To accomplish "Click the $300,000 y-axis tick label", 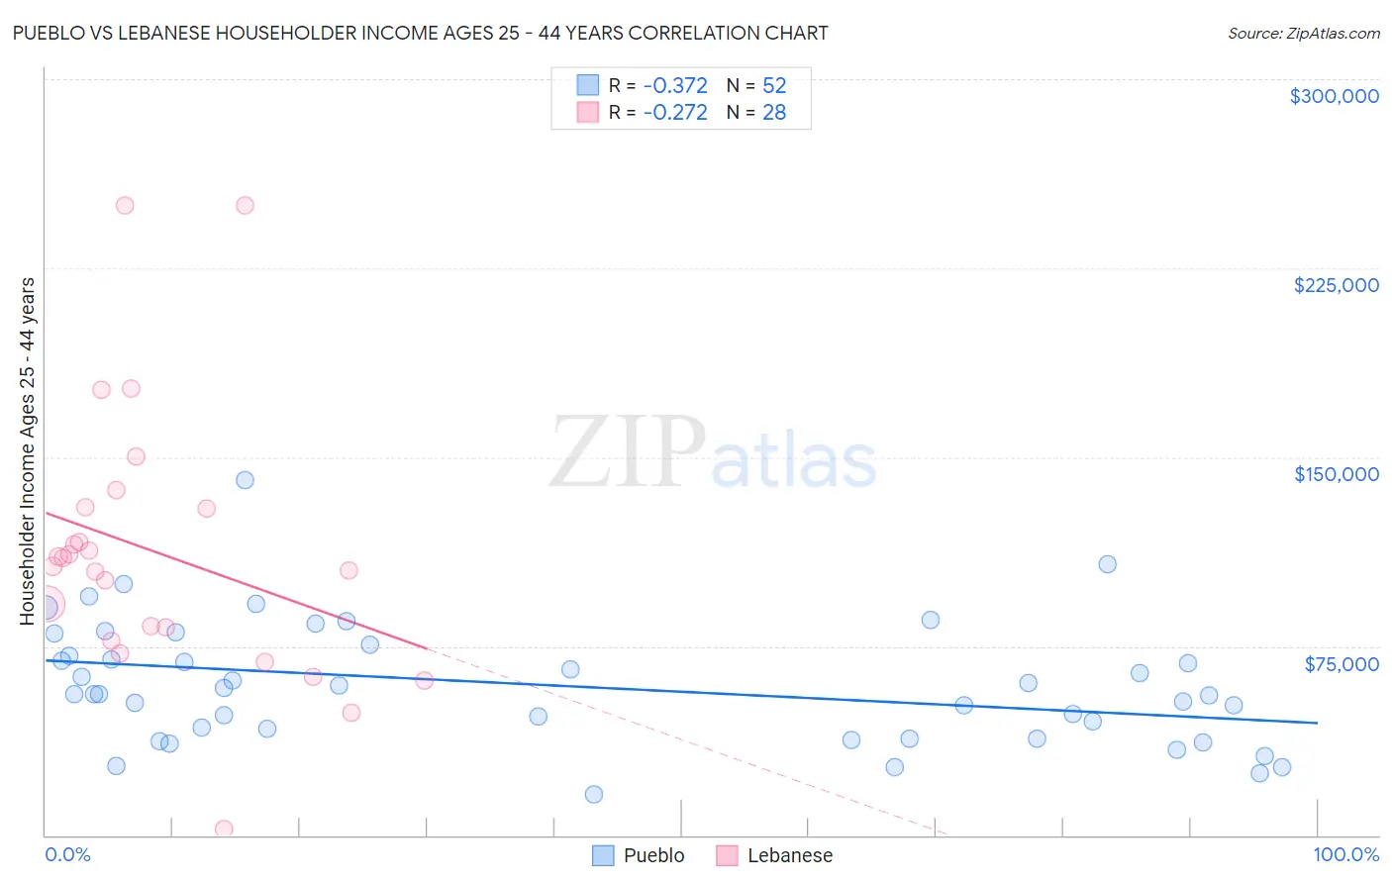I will pos(1334,96).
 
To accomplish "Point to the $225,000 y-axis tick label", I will pos(1336,285).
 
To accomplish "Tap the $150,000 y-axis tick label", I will pos(1336,474).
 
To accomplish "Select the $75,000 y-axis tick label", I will pos(1341,664).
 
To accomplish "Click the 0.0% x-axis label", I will pos(67,855).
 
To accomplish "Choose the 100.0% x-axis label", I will pos(1345,855).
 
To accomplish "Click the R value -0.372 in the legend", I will pos(675,86).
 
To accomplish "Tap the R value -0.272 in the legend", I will pos(675,113).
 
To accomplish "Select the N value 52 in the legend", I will pos(774,86).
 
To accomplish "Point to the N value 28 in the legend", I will pos(774,113).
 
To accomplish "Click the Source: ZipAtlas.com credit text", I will pos(1303,34).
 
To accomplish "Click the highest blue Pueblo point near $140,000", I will pos(245,480).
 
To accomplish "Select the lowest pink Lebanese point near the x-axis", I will pos(224,829).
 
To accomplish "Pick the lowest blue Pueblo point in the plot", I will pos(593,794).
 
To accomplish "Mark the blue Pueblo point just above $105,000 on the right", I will pos(1107,564).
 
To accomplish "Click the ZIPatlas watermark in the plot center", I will pos(713,453).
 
